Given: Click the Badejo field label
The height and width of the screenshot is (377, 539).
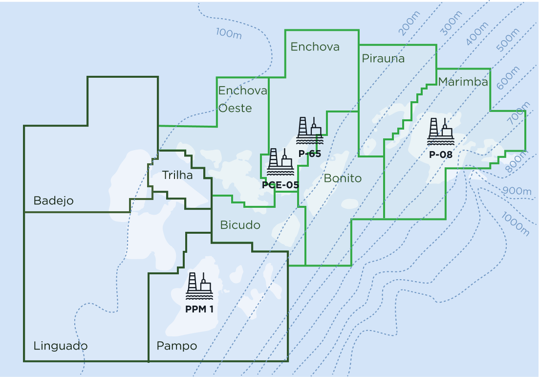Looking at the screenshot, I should [53, 200].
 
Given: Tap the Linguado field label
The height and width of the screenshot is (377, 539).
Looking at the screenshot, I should [61, 346].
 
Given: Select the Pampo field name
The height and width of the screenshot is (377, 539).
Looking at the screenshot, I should [176, 346].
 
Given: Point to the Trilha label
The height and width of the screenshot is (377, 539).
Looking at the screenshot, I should [177, 175].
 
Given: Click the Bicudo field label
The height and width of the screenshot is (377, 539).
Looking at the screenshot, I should [240, 225].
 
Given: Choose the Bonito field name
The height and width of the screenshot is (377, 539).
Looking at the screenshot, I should [343, 178].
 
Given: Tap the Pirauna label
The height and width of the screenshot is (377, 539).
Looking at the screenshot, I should [383, 59].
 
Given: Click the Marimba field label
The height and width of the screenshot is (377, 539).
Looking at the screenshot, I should [463, 82].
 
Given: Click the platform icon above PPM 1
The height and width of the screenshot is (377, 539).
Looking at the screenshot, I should [199, 286].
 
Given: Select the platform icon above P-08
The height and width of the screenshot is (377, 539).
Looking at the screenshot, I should [440, 132].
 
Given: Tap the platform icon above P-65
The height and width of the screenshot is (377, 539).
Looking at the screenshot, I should [310, 131].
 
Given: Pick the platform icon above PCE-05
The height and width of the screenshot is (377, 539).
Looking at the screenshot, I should [280, 162].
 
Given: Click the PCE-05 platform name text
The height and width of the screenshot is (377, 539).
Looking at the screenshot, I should [280, 185].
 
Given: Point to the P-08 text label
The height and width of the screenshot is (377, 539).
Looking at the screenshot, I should [440, 155].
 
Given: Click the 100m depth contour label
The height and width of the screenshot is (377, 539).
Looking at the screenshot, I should [229, 33].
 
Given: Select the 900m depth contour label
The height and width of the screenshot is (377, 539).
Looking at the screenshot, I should [516, 191].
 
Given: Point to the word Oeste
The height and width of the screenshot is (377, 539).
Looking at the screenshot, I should [235, 108].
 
